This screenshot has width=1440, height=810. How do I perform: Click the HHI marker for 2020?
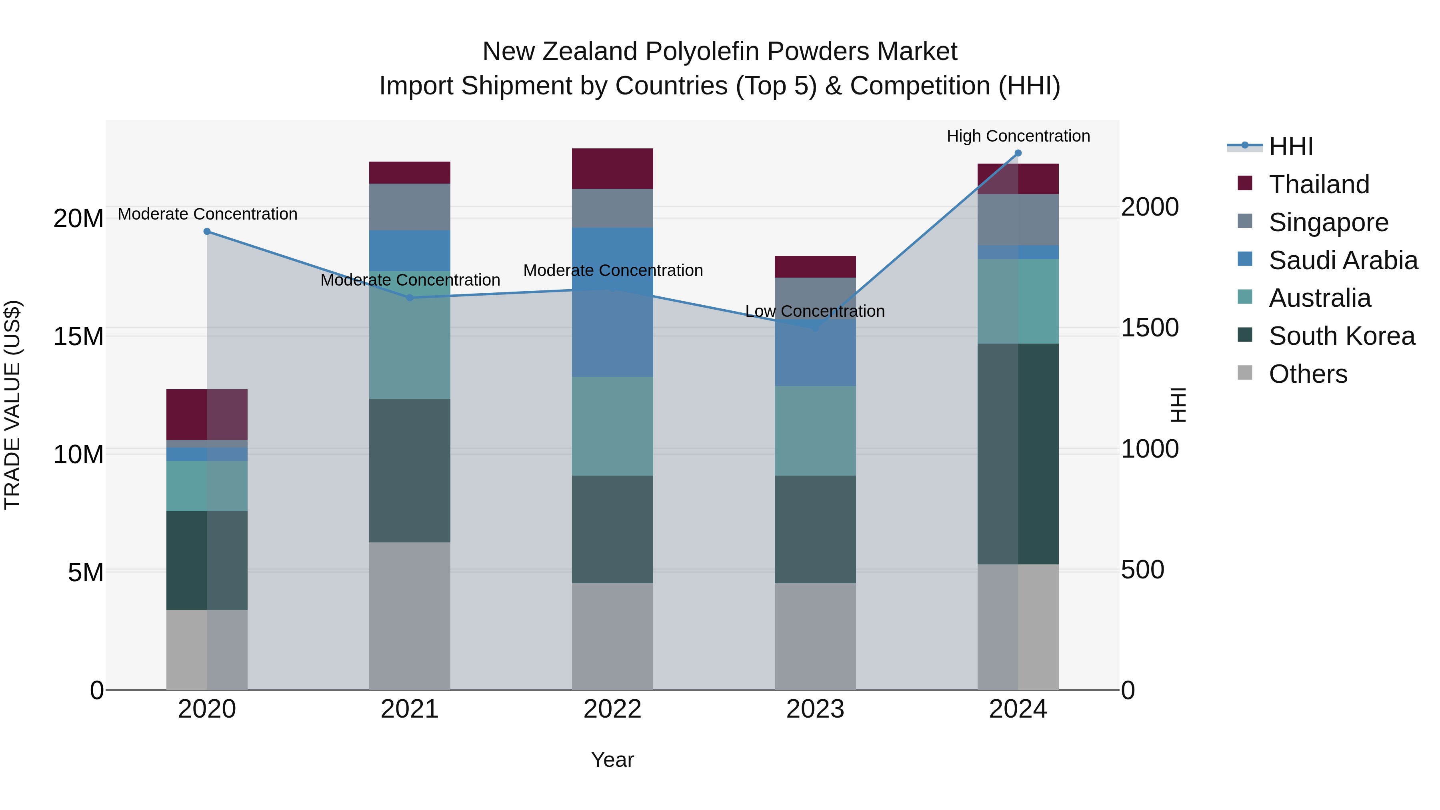click(207, 232)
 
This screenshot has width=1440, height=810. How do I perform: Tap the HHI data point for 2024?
click(1018, 153)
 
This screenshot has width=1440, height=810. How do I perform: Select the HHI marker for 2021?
click(410, 298)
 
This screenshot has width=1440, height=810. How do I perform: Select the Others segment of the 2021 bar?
click(410, 616)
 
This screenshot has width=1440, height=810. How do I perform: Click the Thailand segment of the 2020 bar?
click(207, 414)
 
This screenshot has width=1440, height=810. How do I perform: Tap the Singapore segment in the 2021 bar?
click(410, 207)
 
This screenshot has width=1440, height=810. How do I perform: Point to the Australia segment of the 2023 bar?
click(815, 430)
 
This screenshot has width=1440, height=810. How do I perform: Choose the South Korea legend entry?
click(1341, 336)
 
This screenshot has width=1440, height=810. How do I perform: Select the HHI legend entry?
click(1291, 146)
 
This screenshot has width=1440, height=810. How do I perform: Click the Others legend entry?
click(1308, 374)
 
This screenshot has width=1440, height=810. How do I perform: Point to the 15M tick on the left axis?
click(78, 336)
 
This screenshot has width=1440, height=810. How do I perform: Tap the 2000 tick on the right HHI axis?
click(1150, 207)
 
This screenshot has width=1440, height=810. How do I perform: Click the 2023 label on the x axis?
click(815, 709)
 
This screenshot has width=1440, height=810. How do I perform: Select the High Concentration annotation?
click(1018, 136)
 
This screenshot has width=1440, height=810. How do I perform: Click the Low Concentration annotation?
click(815, 311)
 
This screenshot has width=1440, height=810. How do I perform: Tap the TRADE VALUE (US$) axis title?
click(12, 405)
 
